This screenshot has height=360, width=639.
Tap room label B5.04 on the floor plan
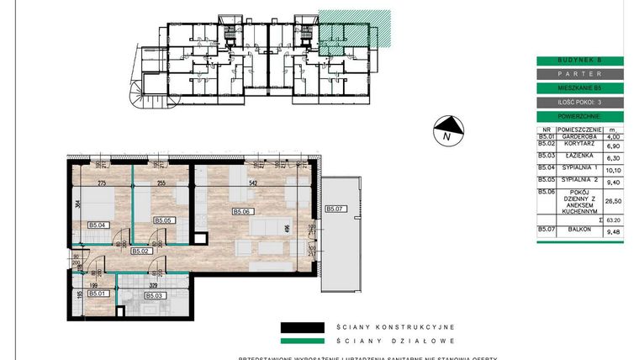(98, 224)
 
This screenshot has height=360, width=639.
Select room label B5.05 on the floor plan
(163, 220)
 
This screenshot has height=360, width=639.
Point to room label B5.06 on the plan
(243, 212)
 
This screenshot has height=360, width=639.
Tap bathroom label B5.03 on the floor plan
(155, 295)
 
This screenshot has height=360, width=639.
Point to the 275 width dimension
(101, 183)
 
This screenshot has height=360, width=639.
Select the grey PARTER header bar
(580, 74)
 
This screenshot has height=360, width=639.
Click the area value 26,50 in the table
(613, 201)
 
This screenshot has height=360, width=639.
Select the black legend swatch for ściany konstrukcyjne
(302, 327)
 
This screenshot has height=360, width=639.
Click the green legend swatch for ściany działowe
(302, 341)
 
